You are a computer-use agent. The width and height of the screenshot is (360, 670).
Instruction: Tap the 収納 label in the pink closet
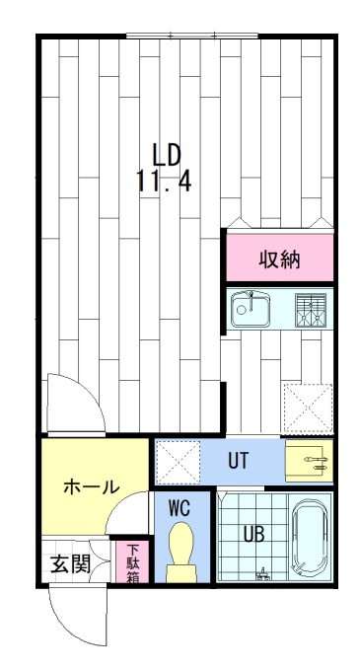click(279, 261)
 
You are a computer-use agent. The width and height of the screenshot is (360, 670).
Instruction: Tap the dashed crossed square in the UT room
click(179, 462)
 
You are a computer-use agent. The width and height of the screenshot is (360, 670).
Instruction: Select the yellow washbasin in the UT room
click(309, 461)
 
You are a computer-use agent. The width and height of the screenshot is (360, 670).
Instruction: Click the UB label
click(253, 535)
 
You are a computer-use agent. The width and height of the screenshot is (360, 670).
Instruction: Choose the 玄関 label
click(70, 564)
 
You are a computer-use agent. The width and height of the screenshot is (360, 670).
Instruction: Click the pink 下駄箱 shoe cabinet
click(132, 563)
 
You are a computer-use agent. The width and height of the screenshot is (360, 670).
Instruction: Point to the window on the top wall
click(172, 37)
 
